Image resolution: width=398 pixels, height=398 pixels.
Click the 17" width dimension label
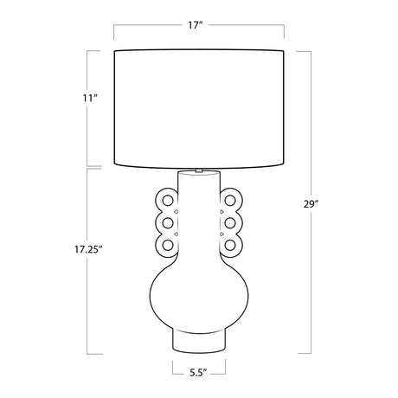point(196,25)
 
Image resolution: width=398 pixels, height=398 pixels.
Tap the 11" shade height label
point(89,99)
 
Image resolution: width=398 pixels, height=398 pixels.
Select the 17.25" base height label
point(89,249)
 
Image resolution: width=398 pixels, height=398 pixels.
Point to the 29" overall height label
point(311,204)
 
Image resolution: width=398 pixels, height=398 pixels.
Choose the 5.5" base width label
point(199,372)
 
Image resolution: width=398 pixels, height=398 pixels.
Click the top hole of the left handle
point(168,201)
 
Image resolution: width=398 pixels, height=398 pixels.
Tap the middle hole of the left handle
point(168,222)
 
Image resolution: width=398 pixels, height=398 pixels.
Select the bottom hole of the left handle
point(168,245)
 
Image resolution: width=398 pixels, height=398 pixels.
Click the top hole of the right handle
point(230,201)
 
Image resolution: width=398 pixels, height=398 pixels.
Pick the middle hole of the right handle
point(230,222)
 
